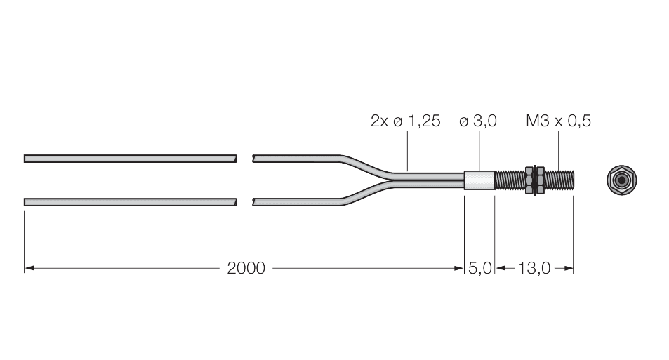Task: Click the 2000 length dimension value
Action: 246,268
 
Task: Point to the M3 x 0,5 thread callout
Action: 558,121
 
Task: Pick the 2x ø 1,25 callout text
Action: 405,121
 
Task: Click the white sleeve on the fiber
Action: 480,180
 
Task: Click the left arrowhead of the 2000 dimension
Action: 28,268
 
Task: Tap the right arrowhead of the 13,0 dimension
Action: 571,268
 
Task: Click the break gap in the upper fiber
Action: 244,158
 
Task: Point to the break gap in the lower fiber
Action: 244,202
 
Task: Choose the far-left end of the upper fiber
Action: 26,158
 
